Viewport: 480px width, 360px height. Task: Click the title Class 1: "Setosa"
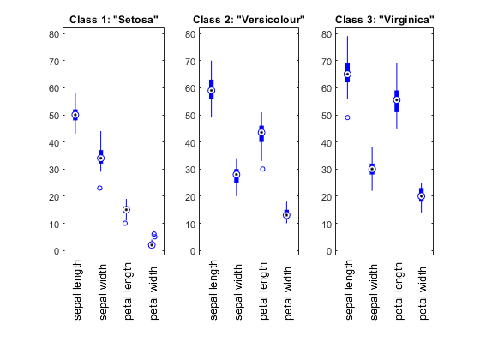tap(114, 20)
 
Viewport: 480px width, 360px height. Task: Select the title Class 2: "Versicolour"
tap(249, 20)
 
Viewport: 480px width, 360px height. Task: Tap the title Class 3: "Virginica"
tap(385, 20)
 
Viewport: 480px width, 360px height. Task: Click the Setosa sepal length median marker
tap(75, 115)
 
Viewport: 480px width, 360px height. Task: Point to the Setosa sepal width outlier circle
tap(99, 188)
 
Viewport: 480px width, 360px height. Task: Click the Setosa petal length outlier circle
tap(125, 223)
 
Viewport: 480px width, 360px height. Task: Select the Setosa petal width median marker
tap(152, 245)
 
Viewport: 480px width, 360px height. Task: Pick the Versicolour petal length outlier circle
tap(262, 169)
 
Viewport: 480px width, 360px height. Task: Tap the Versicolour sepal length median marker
tap(211, 91)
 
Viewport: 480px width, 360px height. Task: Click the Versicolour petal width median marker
tap(286, 215)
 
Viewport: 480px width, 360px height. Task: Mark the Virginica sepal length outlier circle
tap(347, 117)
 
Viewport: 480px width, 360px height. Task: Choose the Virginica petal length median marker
tap(397, 100)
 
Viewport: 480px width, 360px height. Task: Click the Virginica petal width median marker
tap(422, 196)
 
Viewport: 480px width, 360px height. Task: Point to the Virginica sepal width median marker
tap(372, 169)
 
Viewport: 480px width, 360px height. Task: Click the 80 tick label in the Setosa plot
tap(54, 34)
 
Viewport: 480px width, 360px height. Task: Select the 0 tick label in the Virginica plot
tap(329, 251)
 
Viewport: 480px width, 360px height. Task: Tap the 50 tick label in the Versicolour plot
tap(190, 116)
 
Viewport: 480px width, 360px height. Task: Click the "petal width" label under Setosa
tap(153, 293)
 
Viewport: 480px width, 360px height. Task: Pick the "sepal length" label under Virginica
tap(349, 291)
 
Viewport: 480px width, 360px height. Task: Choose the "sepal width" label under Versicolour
tap(238, 292)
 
